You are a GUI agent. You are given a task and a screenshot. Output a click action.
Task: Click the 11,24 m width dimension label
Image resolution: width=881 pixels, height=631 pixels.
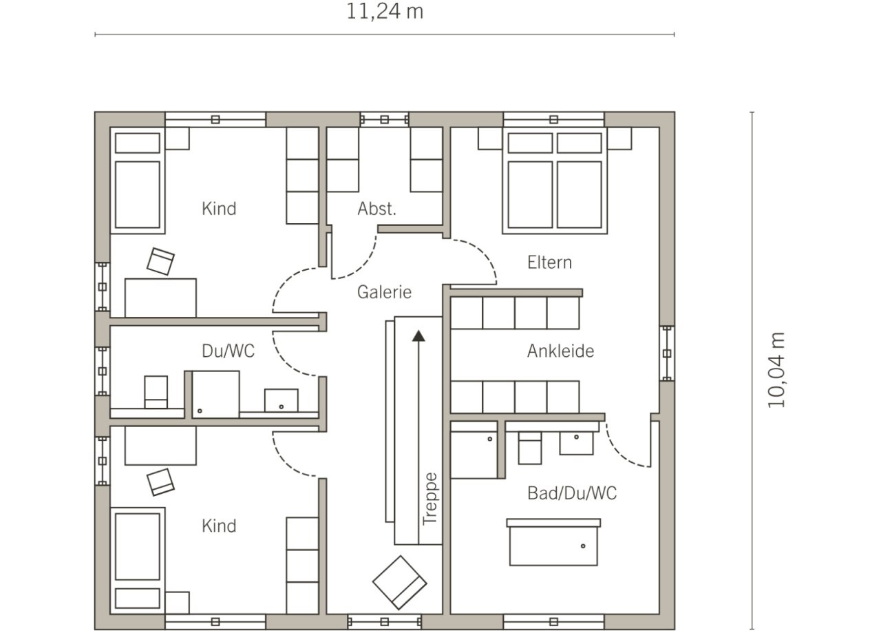pos(385,12)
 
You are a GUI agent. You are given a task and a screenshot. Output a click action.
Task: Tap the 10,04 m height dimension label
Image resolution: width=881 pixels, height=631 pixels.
pos(776,370)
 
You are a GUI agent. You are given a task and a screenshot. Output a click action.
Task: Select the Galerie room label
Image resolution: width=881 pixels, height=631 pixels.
pos(384,292)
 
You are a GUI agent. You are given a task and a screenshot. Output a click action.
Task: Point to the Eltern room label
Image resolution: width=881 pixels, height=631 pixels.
pos(549,262)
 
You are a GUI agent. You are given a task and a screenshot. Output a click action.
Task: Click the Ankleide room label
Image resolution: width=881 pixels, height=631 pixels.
pos(560,351)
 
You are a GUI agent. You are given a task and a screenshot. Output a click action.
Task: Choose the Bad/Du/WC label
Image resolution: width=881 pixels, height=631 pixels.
pos(572,493)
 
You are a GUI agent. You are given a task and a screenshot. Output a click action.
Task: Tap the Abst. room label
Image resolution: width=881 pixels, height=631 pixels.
pos(376,209)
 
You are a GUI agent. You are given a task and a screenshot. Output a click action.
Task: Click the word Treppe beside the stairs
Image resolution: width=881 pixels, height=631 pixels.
pos(430,499)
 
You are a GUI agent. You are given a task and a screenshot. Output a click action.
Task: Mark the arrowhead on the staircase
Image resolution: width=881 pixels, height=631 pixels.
pos(418,335)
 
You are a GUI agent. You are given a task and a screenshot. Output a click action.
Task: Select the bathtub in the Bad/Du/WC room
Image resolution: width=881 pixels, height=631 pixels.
pos(553,542)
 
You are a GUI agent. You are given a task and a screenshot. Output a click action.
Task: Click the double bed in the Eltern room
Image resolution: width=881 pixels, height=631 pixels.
pos(555,180)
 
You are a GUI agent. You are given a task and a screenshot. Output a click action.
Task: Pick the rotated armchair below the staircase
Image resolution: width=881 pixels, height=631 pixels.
pos(400,583)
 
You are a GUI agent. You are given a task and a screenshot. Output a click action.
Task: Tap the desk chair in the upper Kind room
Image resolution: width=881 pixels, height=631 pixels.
pos(160,261)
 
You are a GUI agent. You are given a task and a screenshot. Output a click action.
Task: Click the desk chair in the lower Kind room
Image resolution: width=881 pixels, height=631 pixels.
pos(160,482)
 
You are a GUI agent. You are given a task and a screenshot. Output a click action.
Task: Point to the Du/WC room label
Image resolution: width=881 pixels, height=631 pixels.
pos(228,351)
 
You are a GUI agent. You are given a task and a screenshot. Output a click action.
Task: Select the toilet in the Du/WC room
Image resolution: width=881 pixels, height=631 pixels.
pos(156,392)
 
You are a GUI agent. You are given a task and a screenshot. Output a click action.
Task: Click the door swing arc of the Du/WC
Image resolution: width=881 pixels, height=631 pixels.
pos(287,360)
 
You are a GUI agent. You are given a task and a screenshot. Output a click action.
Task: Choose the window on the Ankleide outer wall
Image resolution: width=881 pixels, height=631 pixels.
pos(667,353)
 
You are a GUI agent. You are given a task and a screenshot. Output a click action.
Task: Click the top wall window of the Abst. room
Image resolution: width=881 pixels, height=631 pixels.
pos(385,120)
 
